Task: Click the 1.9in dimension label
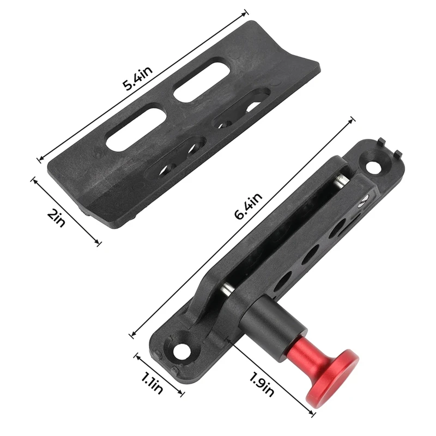click(x=262, y=384)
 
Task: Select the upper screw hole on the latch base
click(x=373, y=166)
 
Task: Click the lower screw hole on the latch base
click(x=182, y=352)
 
